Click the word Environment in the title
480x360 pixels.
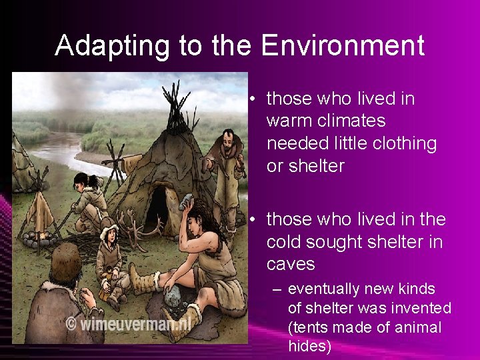point(343,46)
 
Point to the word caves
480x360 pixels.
point(291,264)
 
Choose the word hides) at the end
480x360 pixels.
point(309,346)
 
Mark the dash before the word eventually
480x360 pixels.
point(276,289)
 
